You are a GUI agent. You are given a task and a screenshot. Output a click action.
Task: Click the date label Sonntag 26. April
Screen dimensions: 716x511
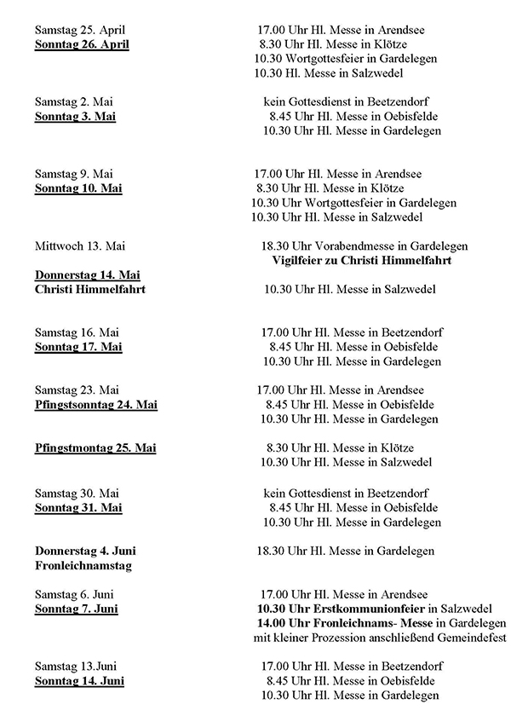coord(82,44)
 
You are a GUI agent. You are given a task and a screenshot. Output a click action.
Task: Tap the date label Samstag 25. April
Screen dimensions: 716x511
coord(80,30)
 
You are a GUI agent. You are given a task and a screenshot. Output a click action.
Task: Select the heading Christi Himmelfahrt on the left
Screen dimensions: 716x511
coord(90,289)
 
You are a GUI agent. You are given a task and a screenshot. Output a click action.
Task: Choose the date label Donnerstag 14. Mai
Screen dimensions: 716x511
coord(88,274)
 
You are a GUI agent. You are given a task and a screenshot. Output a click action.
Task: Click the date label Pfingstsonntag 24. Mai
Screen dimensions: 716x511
coord(96,404)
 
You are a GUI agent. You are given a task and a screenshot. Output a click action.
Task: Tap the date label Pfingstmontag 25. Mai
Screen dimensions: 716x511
coord(95,447)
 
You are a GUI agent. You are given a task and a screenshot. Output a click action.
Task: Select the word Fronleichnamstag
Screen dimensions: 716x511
coord(83,565)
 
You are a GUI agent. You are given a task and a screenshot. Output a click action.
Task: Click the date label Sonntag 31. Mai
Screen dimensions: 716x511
coord(78,507)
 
